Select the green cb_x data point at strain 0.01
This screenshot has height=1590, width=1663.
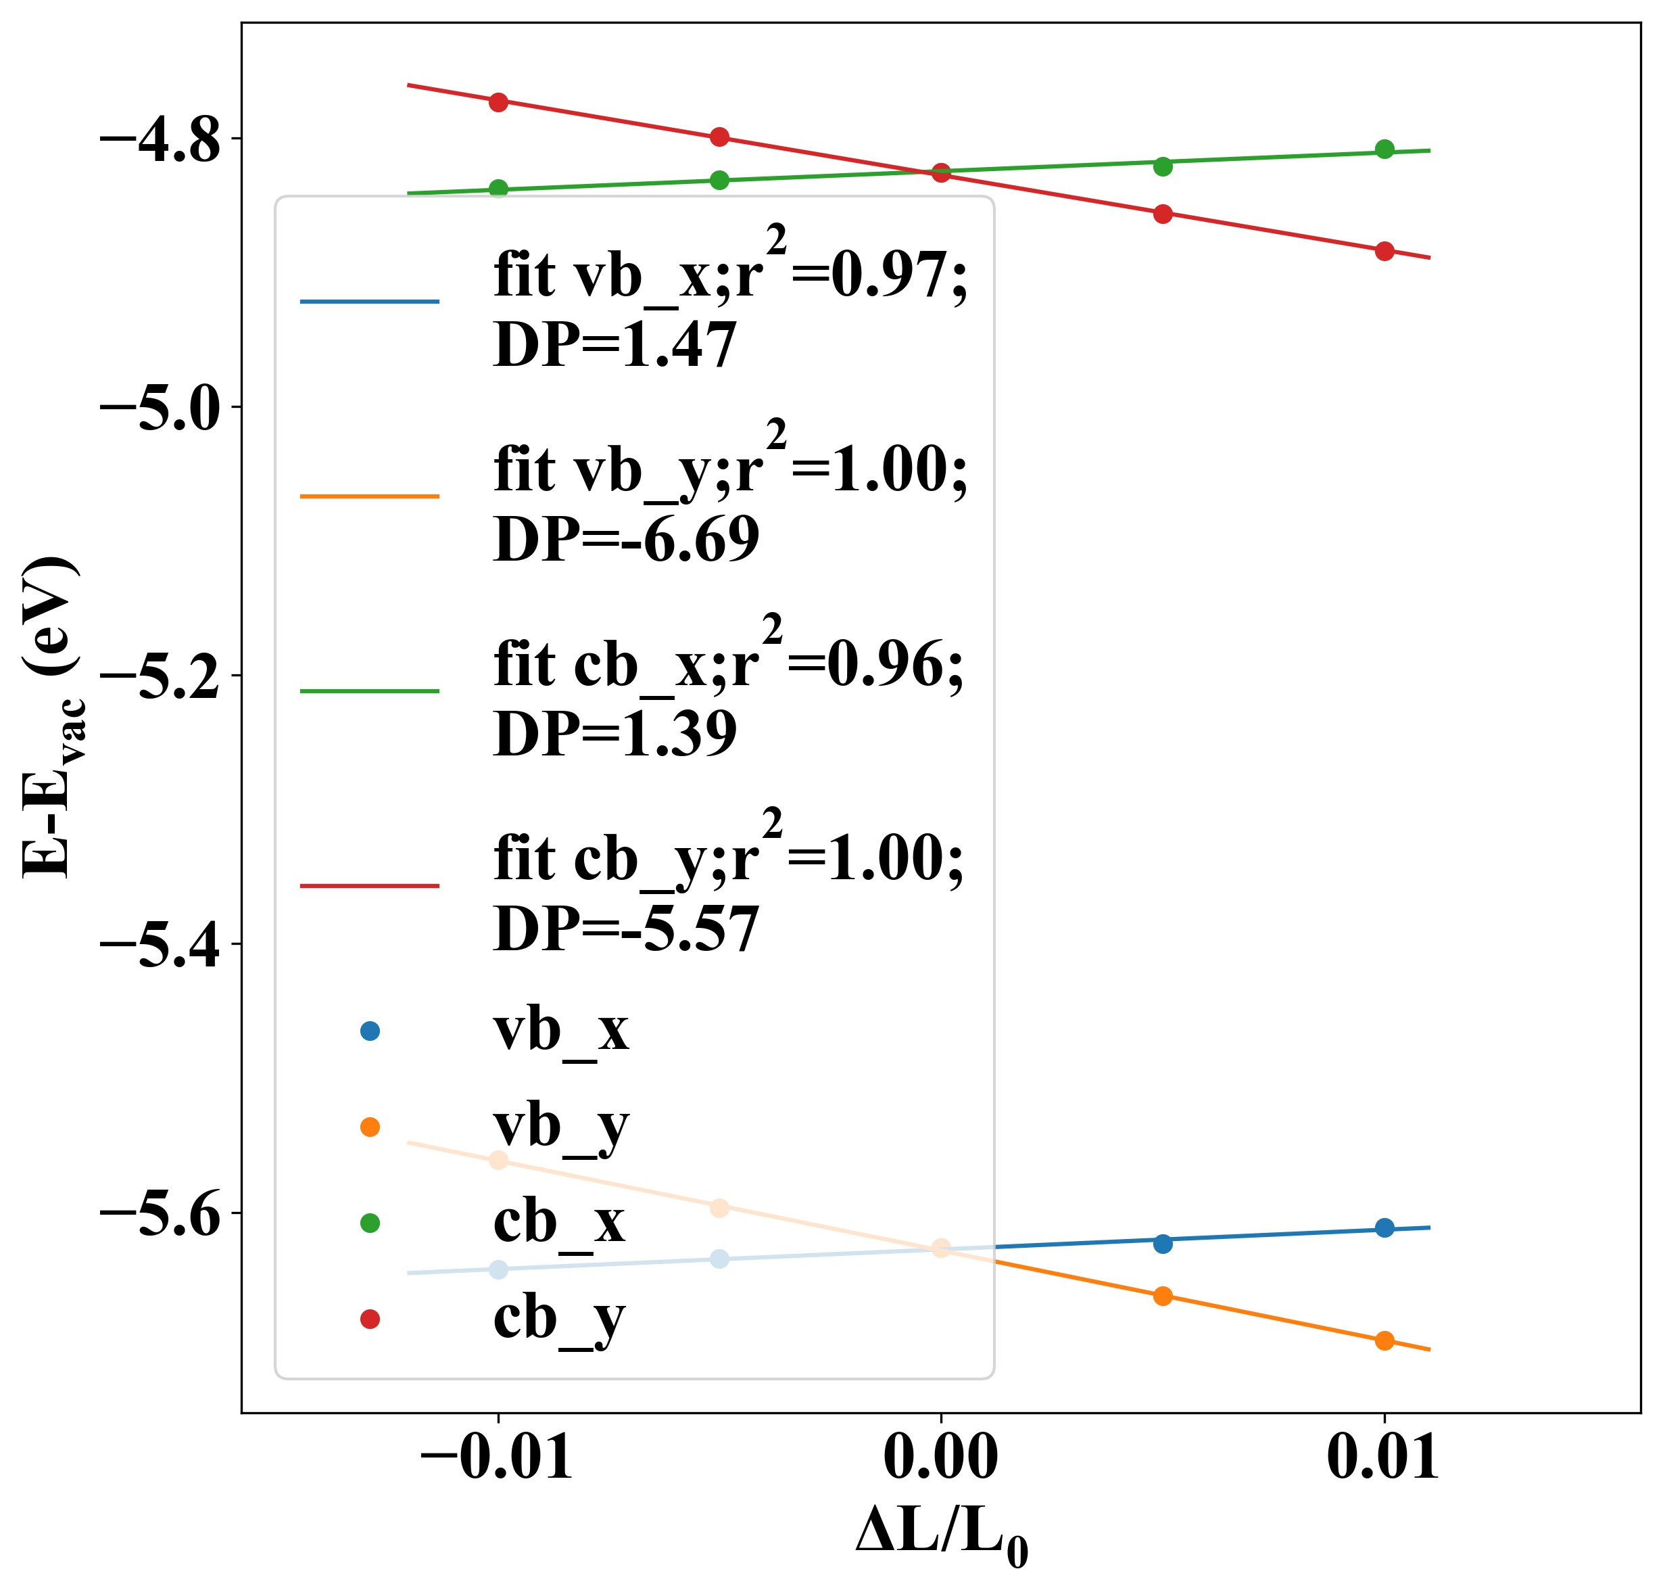click(1384, 149)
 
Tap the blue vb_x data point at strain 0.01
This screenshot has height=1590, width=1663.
click(1384, 1228)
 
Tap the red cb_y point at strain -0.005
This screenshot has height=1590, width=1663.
click(719, 137)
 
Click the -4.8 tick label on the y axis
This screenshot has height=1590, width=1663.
click(160, 140)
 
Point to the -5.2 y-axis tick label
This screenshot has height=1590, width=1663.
click(160, 677)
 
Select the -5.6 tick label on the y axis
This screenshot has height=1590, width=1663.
click(160, 1215)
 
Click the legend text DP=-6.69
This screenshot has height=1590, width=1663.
click(626, 539)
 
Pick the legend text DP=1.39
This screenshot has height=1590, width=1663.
click(615, 734)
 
